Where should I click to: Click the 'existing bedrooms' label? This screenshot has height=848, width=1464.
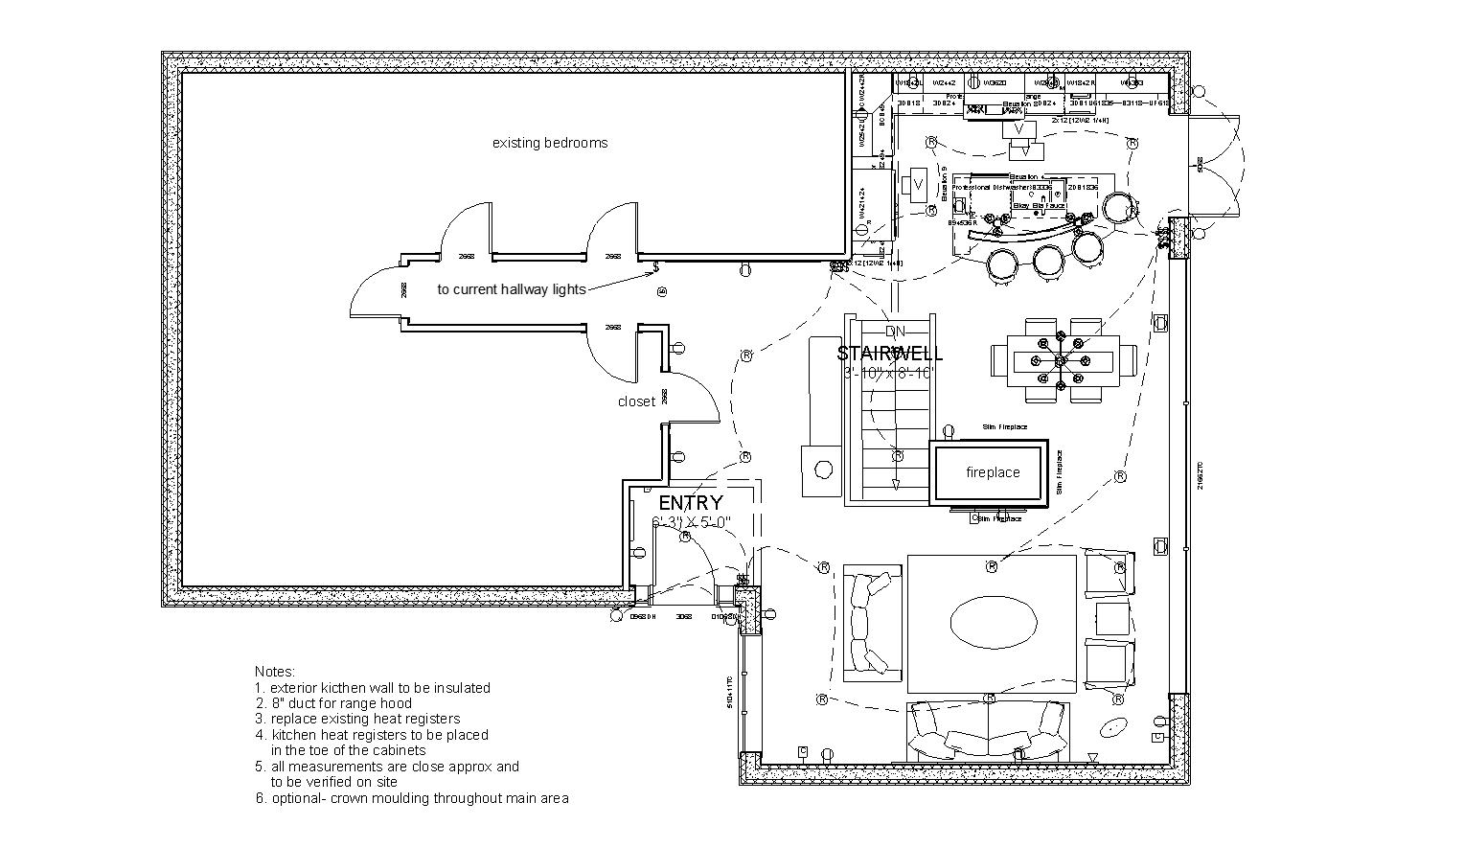550,144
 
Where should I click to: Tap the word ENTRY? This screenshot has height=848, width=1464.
691,503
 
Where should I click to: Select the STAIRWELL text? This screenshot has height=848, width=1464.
890,354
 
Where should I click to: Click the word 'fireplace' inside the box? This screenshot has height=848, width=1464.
993,472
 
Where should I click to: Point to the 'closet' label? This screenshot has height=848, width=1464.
636,401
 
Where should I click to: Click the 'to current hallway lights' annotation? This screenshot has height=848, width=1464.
512,289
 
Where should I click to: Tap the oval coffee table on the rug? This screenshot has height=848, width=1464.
993,623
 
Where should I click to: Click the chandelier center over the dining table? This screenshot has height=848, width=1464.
1061,360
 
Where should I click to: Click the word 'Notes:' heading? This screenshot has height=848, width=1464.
275,672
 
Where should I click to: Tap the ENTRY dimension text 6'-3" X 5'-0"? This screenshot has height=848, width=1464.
692,522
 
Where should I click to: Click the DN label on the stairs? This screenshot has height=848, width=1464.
896,332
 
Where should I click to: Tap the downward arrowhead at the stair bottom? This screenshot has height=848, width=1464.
896,484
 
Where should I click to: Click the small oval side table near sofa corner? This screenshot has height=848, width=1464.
1113,728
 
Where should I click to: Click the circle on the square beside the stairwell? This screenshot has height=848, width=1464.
822,470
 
